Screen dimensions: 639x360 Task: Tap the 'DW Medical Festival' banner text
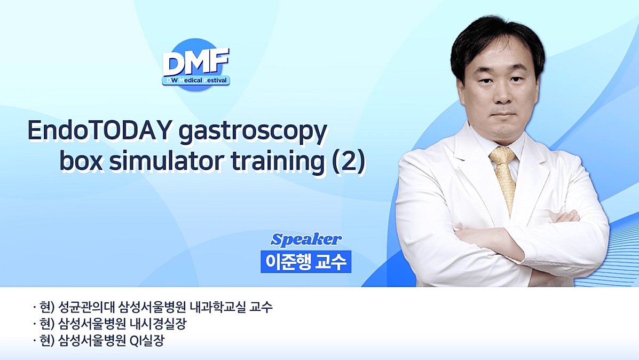(x=195, y=80)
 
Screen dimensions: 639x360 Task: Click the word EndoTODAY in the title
(x=99, y=130)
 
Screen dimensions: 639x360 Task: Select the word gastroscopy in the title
(x=253, y=133)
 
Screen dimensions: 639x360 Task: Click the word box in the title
(x=81, y=161)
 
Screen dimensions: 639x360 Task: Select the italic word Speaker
(x=306, y=239)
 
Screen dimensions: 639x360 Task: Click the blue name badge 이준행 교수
(x=306, y=262)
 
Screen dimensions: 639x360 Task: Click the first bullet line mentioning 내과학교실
(x=153, y=307)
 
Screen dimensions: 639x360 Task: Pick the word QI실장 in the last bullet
(x=147, y=341)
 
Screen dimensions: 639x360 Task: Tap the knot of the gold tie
(x=502, y=155)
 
